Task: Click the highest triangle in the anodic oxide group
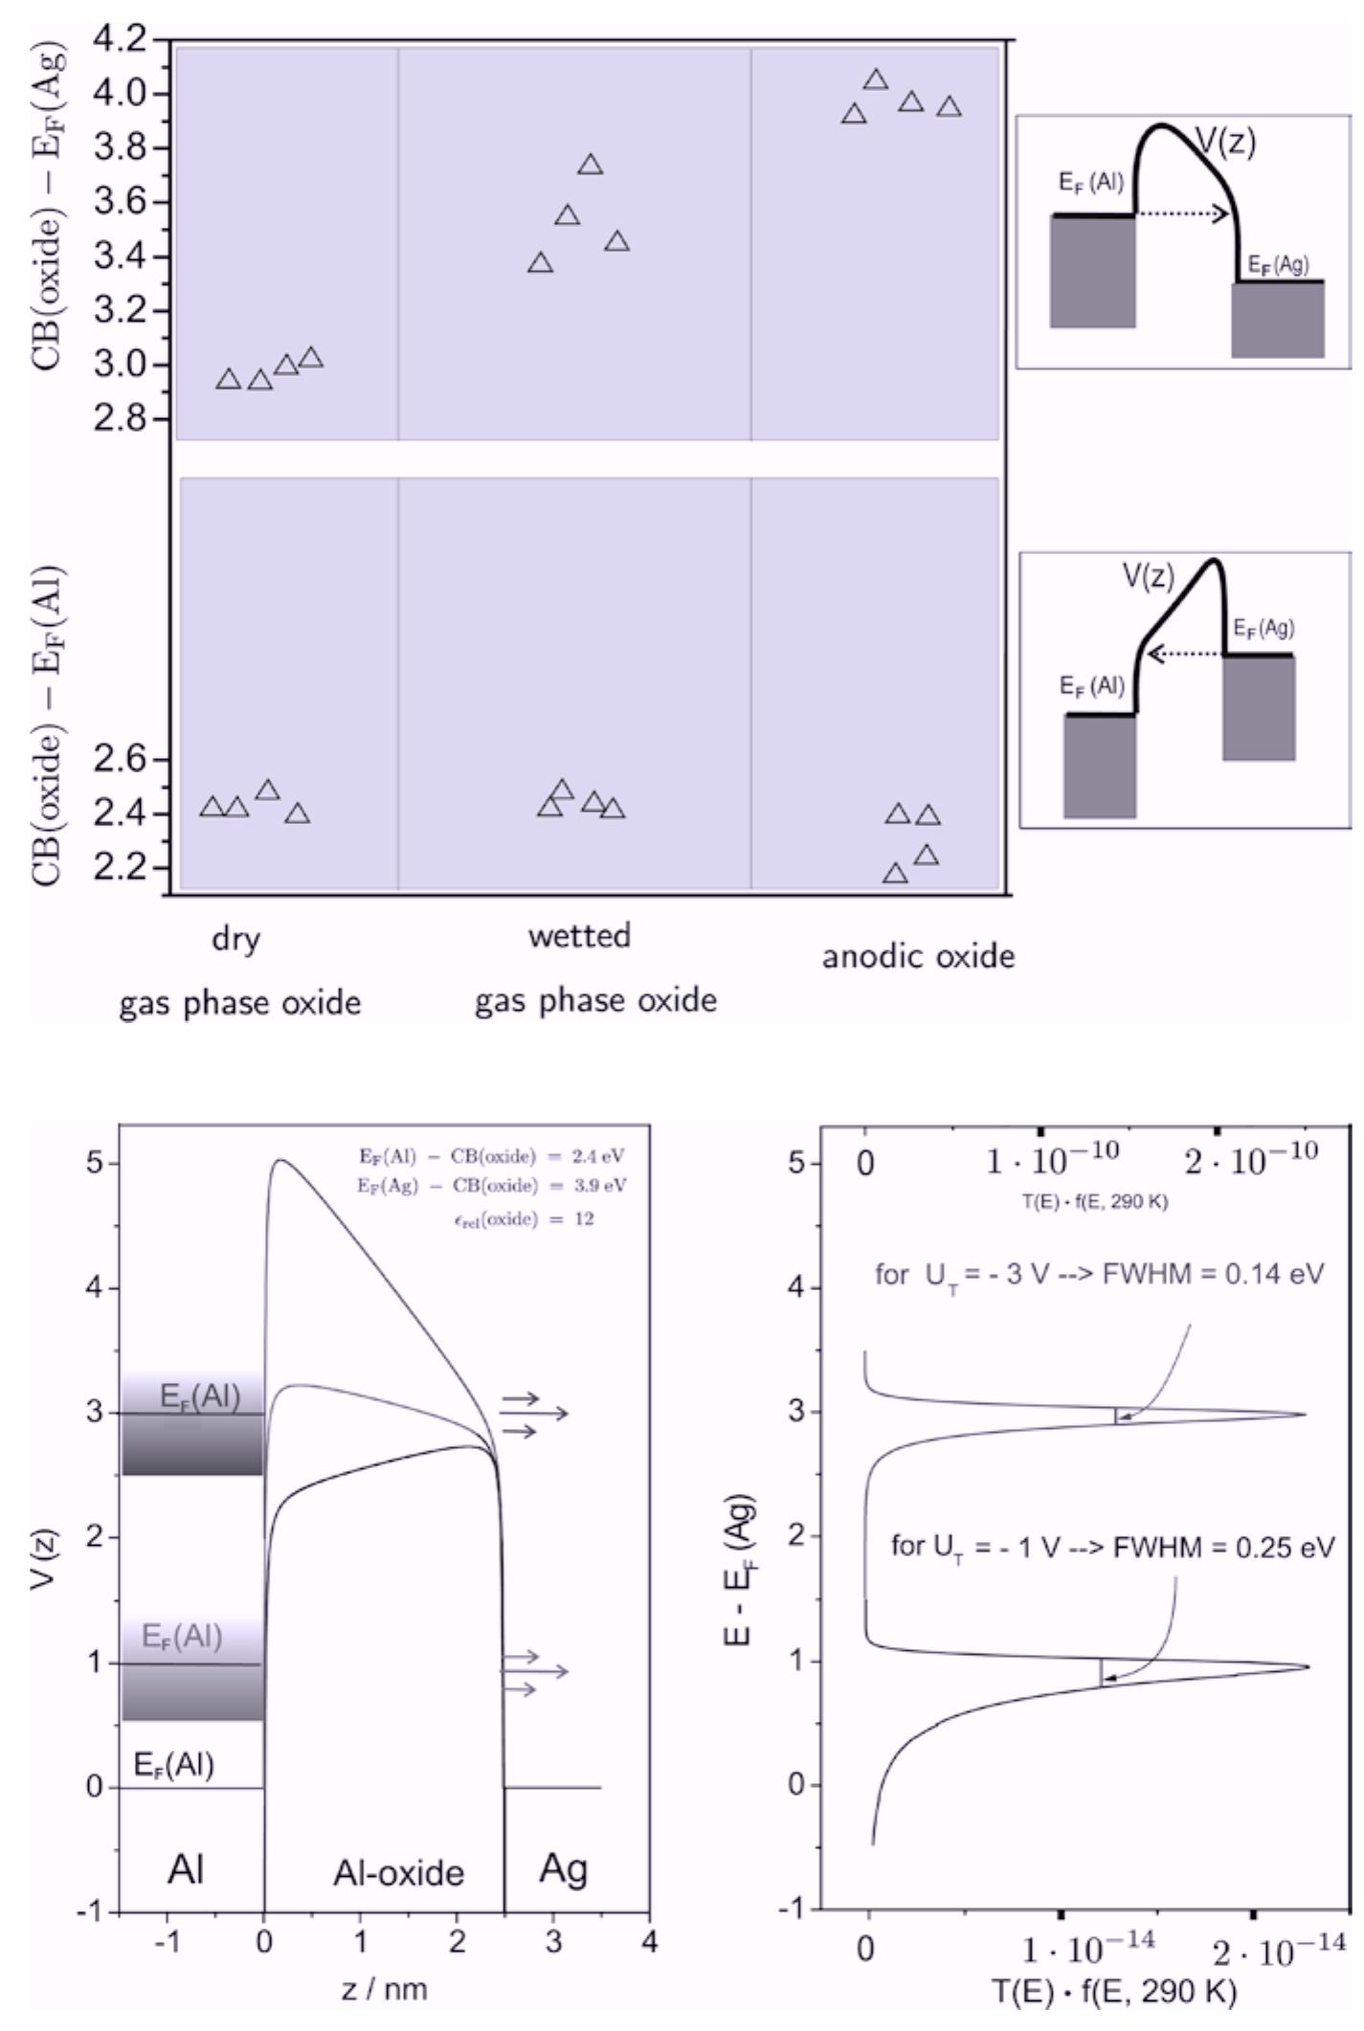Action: (876, 80)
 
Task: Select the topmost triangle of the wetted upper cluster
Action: (591, 166)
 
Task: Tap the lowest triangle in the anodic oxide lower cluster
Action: (895, 874)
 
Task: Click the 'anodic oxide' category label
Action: (918, 956)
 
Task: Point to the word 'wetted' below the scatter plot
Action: (579, 935)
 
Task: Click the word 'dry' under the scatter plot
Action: (235, 939)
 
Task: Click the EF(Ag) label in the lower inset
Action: (1263, 629)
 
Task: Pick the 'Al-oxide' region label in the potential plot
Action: (398, 1873)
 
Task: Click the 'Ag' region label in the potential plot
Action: (563, 1868)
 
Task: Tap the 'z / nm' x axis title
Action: (384, 1989)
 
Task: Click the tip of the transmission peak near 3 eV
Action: (1304, 1415)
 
